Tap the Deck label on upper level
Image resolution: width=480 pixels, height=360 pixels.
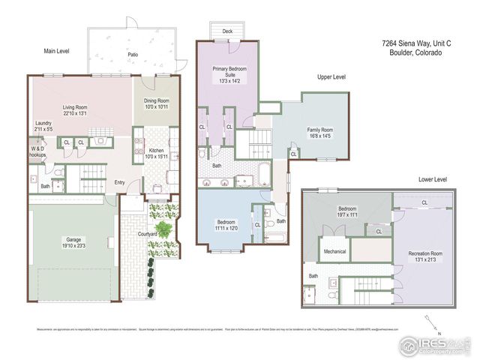coord(226,32)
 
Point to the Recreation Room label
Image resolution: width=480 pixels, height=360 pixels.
coord(424,255)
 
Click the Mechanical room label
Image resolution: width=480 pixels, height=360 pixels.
coord(334,251)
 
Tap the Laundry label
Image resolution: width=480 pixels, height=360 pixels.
coord(43,127)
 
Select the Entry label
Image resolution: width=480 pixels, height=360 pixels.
coord(120,182)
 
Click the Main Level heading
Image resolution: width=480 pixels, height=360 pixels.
coord(56,51)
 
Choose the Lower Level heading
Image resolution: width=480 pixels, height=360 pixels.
coord(433,180)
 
